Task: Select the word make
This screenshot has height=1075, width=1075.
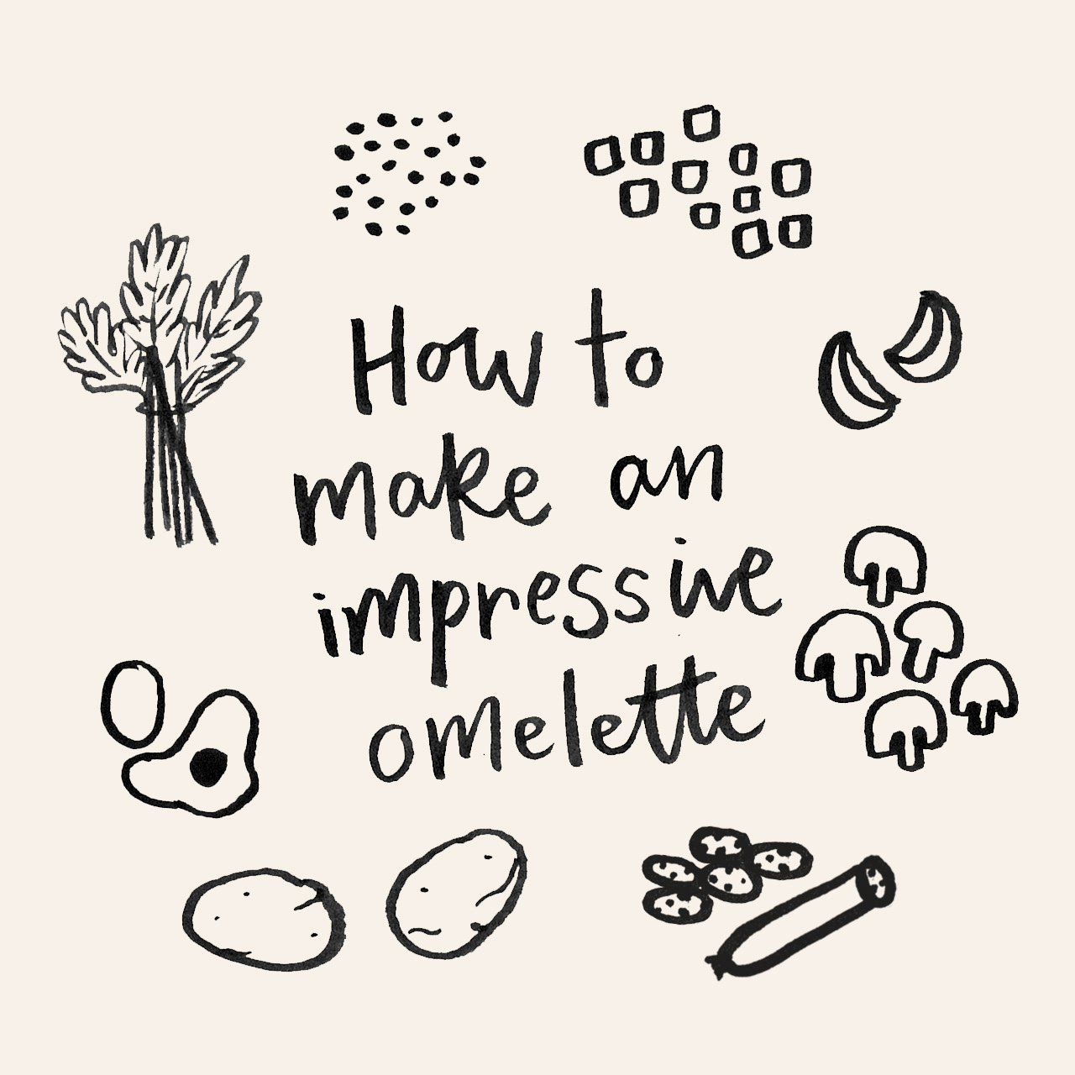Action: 422,485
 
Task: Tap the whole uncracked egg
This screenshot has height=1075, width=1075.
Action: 133,702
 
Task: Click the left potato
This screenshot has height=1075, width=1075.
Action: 264,917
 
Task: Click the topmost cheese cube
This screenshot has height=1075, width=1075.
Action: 702,122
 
